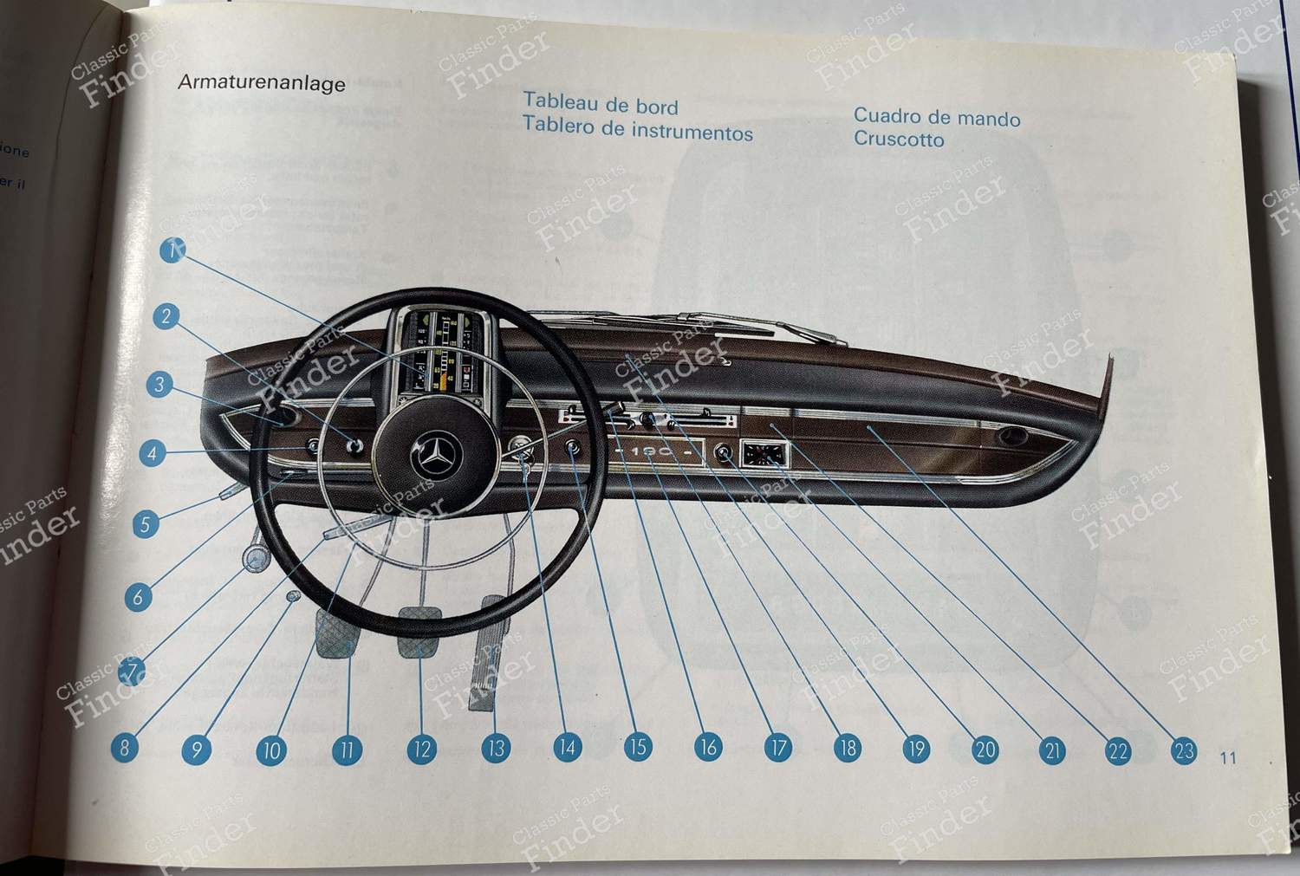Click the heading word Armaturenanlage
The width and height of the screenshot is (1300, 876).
coord(261,83)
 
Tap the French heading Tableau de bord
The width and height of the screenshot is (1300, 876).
coord(600,106)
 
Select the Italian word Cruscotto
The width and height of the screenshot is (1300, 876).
coord(898,140)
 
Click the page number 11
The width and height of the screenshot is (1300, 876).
coord(1227,758)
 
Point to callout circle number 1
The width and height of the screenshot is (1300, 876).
coord(173,250)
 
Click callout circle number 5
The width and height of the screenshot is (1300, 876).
coord(146,524)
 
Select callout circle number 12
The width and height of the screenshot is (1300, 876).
coord(420,749)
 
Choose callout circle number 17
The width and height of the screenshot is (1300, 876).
coord(777,748)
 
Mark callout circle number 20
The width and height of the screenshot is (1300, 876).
coord(985,749)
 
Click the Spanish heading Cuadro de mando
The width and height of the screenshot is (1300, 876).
coord(936,118)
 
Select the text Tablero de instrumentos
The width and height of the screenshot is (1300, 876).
coord(637,132)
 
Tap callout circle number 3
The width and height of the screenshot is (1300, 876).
coord(159,385)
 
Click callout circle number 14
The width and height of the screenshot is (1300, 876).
coord(568,748)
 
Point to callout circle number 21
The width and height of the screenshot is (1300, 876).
coord(1052,749)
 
